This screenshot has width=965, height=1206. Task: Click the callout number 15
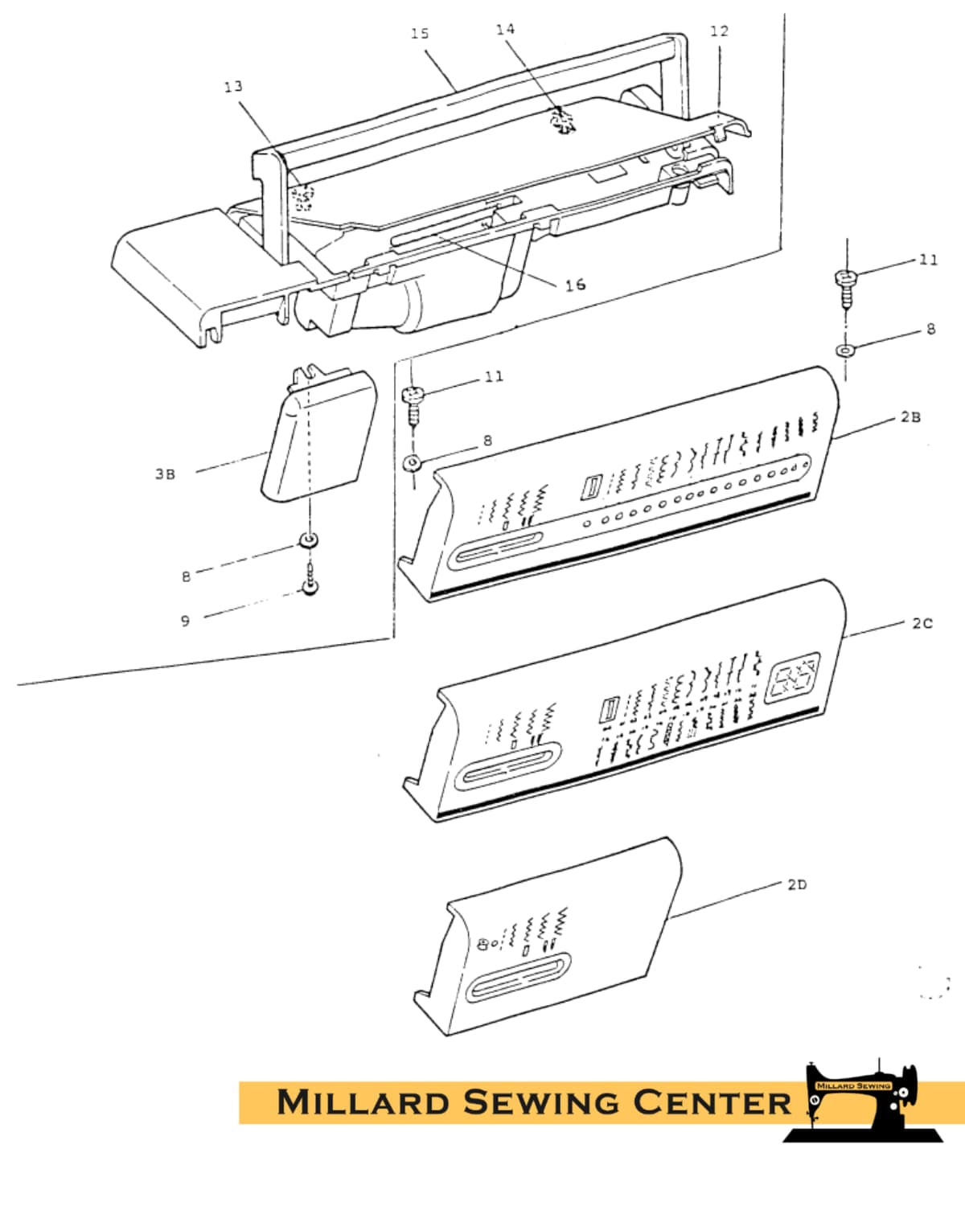pos(420,34)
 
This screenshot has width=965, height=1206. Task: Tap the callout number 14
pos(505,29)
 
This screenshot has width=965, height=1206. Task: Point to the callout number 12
pos(720,31)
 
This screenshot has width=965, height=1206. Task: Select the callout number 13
pos(233,86)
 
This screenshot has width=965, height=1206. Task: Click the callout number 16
pos(575,285)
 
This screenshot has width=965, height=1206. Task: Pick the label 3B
pos(166,474)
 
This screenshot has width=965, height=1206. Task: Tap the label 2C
pos(922,623)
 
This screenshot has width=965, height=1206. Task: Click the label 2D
pos(798,884)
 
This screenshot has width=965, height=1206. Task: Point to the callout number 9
pos(186,621)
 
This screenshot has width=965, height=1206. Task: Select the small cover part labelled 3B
pos(319,433)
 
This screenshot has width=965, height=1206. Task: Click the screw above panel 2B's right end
pos(845,288)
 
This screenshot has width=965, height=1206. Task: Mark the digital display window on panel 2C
pos(792,679)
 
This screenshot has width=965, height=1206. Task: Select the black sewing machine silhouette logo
pos(864,1100)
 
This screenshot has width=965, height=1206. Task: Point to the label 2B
pos(910,417)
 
